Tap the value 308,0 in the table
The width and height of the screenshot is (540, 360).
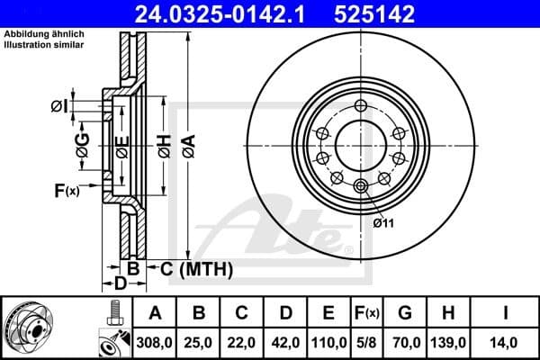click(156, 343)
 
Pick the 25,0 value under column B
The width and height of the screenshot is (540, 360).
click(200, 343)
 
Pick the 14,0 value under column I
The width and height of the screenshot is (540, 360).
click(506, 343)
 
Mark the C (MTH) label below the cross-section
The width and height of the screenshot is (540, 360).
click(196, 269)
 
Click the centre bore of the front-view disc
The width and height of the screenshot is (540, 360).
click(360, 144)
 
